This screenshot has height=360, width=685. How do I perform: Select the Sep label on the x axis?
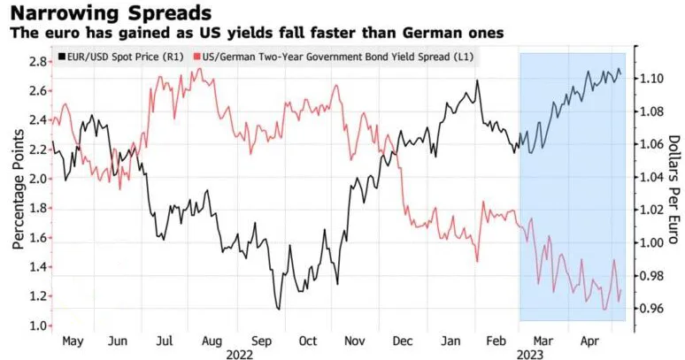point(263,341)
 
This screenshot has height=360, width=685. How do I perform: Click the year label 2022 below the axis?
point(238,353)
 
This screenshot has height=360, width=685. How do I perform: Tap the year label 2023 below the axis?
point(532,353)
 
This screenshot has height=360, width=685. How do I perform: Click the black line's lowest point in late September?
point(279,309)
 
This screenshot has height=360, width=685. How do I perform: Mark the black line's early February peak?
point(477,80)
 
